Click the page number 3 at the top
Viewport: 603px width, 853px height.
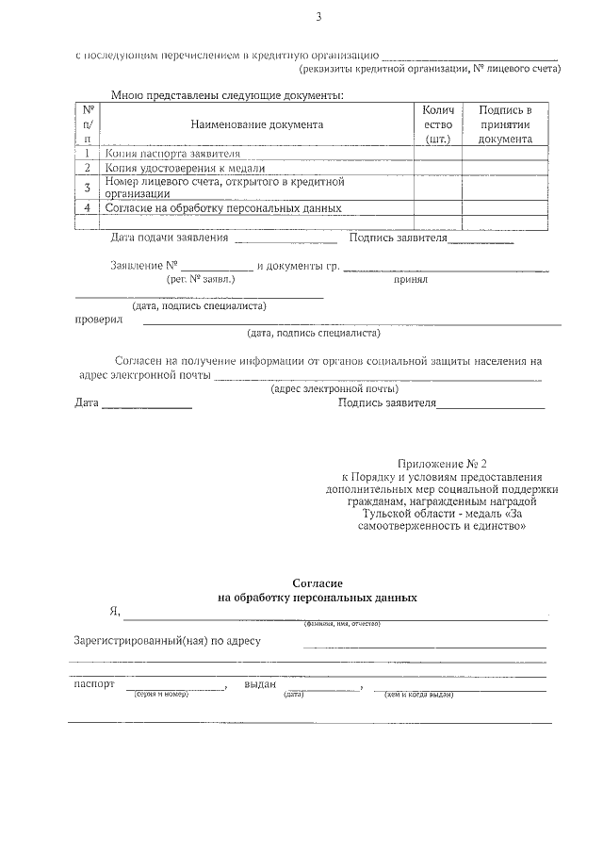point(318,16)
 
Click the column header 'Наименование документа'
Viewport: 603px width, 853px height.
point(256,124)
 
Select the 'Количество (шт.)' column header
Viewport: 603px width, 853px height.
point(438,124)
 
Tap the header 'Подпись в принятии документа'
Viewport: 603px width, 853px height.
point(505,124)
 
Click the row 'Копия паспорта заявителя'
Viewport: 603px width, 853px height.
point(172,153)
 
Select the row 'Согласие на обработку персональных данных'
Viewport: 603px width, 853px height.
point(222,207)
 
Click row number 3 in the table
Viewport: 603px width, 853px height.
point(87,187)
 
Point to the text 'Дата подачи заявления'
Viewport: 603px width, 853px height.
point(170,238)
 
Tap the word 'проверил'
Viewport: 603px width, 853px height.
point(98,320)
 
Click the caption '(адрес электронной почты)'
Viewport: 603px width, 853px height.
point(334,388)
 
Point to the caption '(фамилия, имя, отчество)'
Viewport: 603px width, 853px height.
point(341,624)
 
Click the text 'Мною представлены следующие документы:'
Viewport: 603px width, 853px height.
point(226,94)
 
